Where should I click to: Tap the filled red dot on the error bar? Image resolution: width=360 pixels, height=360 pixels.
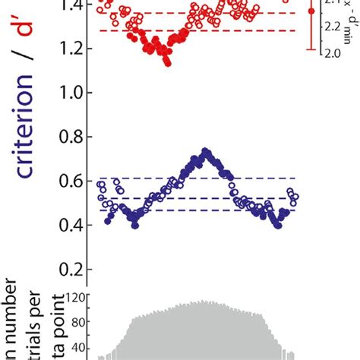311,12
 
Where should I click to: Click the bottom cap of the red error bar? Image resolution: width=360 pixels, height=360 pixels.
311,51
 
